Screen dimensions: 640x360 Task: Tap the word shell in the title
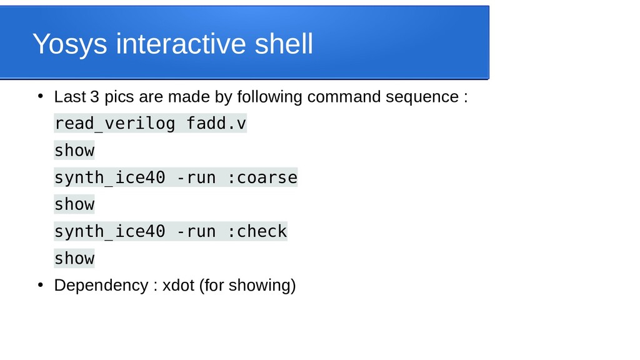tap(284, 44)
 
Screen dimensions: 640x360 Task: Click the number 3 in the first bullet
tap(94, 97)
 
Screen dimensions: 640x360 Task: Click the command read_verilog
tap(114, 124)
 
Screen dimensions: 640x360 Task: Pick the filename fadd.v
tap(216, 124)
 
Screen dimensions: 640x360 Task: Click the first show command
tap(74, 151)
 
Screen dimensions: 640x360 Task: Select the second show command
tap(74, 204)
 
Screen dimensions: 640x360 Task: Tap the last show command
tap(74, 258)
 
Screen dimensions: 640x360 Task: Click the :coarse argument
tap(262, 177)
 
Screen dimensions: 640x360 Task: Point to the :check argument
tap(257, 231)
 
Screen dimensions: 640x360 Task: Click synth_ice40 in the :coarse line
tap(109, 177)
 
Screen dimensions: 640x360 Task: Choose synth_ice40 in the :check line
tap(109, 231)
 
